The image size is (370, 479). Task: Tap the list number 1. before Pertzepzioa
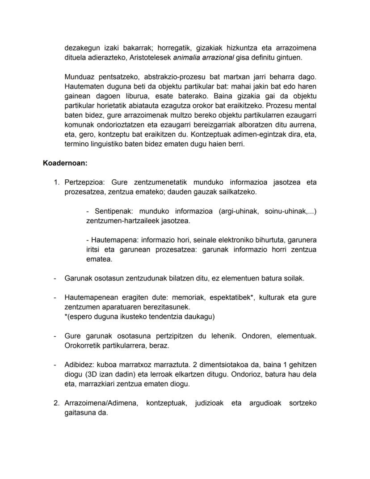[56, 182]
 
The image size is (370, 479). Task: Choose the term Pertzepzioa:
[84, 182]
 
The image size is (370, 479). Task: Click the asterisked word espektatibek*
[233, 297]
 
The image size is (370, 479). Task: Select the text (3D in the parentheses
[92, 374]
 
